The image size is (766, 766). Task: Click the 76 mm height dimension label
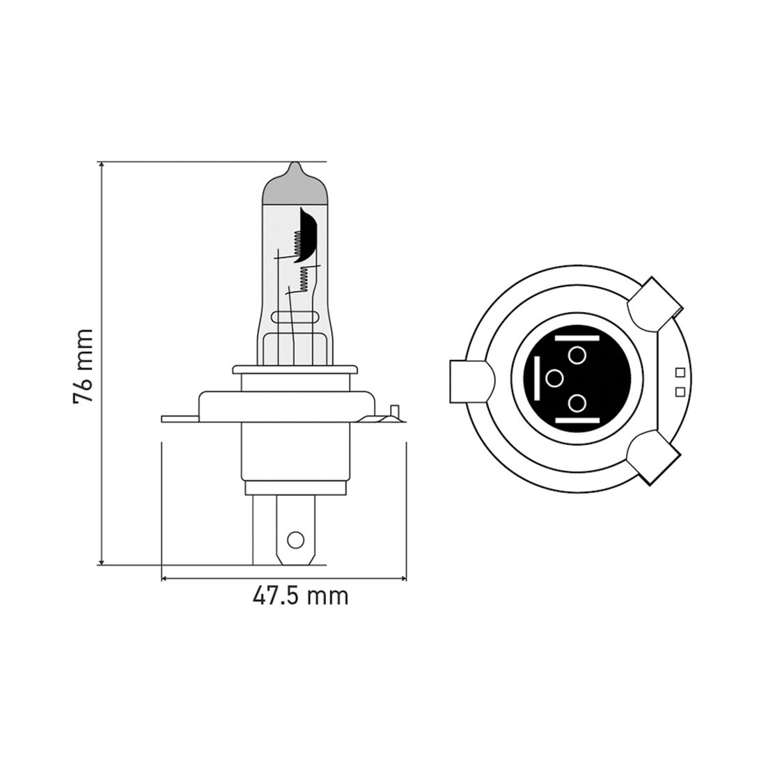point(82,366)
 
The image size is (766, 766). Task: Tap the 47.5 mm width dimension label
point(299,596)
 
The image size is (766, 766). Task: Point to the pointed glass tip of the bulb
point(295,168)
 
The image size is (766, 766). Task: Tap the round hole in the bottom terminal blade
point(295,539)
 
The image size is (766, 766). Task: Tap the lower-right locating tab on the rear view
point(653,455)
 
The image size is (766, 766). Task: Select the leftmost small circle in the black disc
point(554,378)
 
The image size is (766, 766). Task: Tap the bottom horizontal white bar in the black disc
point(577,422)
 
